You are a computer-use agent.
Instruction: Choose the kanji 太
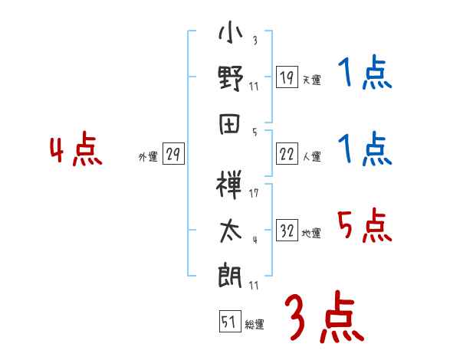click(231, 231)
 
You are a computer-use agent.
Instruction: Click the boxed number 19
click(287, 77)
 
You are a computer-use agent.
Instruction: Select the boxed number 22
click(287, 155)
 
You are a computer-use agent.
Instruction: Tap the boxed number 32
click(287, 231)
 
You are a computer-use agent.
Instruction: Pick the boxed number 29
click(172, 155)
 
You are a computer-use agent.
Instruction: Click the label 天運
click(310, 80)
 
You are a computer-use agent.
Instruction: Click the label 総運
click(254, 325)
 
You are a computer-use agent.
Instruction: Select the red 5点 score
click(364, 226)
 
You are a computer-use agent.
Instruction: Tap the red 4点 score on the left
click(76, 151)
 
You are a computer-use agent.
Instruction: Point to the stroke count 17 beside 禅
click(254, 193)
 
